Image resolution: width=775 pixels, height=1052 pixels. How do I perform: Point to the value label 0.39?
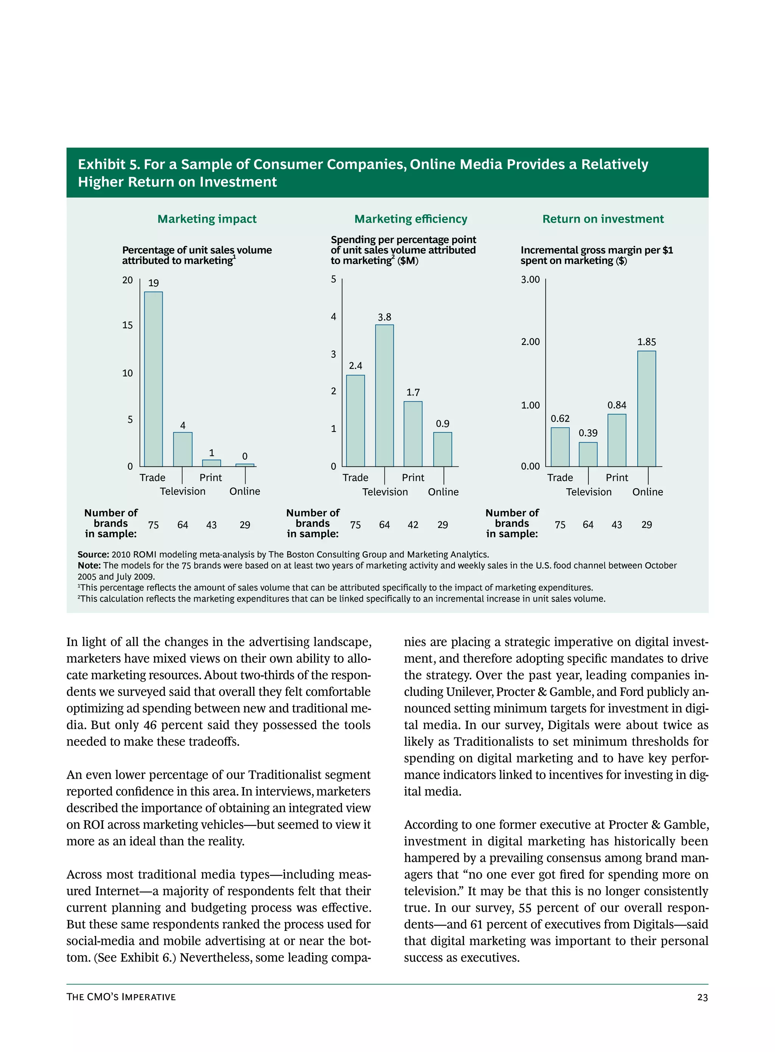coord(588,433)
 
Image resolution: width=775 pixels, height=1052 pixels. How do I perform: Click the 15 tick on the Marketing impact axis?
coord(128,325)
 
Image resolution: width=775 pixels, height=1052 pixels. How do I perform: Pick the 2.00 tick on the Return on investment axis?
coord(530,341)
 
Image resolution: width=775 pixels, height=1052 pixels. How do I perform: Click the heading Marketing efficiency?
coord(411,219)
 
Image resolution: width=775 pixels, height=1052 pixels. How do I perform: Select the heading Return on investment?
coord(603,219)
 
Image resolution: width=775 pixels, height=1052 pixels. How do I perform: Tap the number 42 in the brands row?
coord(413,525)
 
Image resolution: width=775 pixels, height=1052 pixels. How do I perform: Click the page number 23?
coord(702,997)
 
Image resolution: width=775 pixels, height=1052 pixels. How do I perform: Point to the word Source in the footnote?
coord(93,555)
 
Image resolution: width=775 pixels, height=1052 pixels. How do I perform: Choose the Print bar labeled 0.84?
coord(616,440)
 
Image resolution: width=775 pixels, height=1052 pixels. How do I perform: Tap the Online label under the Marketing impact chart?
coord(244,491)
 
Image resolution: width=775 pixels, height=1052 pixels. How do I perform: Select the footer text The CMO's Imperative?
coord(121,997)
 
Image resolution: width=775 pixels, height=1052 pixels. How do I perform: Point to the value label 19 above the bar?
coord(153,283)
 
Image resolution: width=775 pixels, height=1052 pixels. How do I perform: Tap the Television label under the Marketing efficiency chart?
coord(385,492)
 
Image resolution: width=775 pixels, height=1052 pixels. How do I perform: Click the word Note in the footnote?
coord(89,566)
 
